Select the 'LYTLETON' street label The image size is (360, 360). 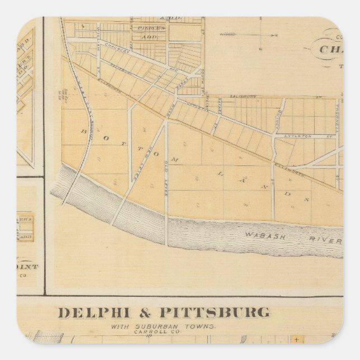298,136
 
